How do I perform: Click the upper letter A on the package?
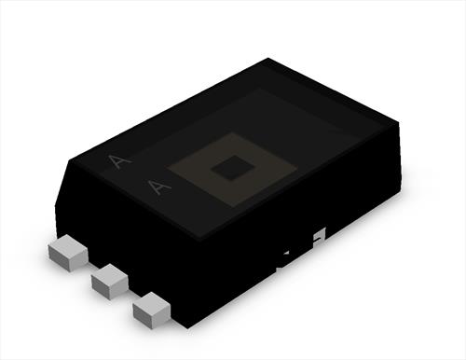(119, 161)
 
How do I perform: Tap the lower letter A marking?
(158, 187)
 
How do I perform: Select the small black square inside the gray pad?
(233, 168)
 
